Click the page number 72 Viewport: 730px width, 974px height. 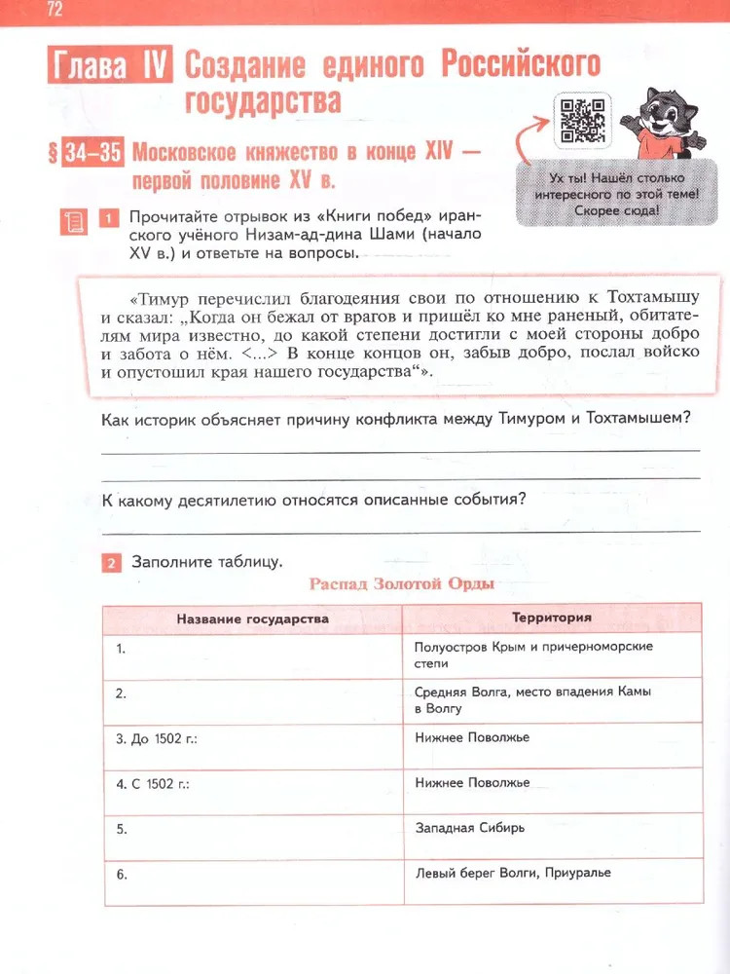pyautogui.click(x=54, y=11)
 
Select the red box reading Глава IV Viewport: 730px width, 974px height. pyautogui.click(x=109, y=67)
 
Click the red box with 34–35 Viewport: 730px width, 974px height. pyautogui.click(x=92, y=154)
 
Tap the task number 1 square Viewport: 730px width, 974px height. pyautogui.click(x=111, y=217)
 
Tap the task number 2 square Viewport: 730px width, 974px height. pyautogui.click(x=111, y=563)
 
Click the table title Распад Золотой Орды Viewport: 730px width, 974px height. pyautogui.click(x=401, y=584)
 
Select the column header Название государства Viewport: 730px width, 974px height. pyautogui.click(x=252, y=618)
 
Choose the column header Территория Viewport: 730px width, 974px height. pyautogui.click(x=551, y=618)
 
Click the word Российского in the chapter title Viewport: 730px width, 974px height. pyautogui.click(x=520, y=66)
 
